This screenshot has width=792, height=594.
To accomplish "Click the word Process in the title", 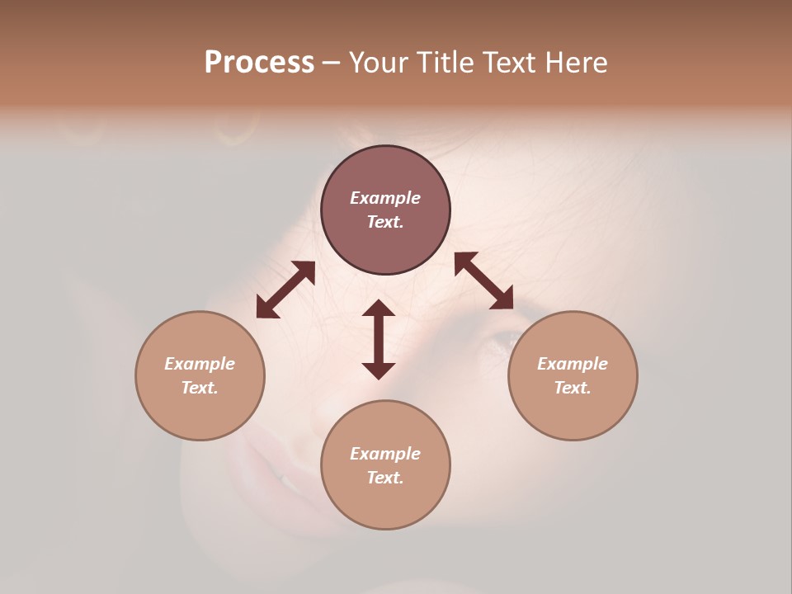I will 259,63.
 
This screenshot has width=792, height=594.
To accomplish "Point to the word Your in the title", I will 380,63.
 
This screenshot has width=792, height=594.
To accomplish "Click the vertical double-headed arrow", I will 379,339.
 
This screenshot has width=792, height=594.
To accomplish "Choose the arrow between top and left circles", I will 285,290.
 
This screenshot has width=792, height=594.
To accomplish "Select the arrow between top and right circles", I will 483,280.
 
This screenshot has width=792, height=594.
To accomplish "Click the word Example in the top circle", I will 385,198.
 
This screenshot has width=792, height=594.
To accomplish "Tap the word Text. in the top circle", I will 385,222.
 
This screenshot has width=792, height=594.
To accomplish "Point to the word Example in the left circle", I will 200,364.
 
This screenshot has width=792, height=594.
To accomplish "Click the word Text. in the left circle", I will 200,388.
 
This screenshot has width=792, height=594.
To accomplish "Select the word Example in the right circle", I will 573,364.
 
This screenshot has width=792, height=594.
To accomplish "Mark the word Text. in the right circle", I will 573,388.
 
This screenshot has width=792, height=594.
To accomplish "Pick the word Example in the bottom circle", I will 385,454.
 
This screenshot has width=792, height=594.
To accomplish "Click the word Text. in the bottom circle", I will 385,478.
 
